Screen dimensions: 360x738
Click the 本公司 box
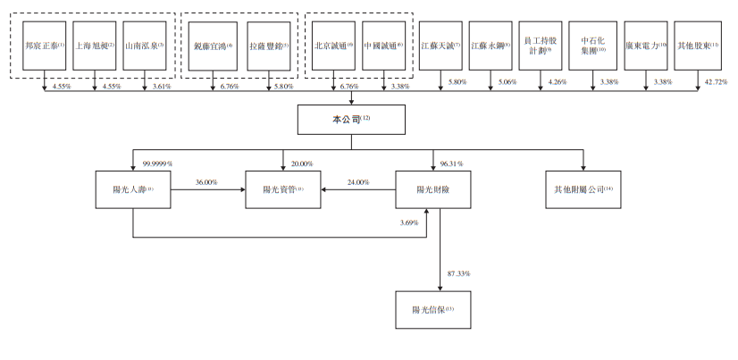[x=350, y=119]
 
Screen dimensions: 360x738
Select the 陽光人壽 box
[x=132, y=189]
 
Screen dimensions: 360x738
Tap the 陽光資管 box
[x=283, y=189]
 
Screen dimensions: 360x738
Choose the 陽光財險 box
[x=433, y=189]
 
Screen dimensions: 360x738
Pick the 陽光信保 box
[x=433, y=310]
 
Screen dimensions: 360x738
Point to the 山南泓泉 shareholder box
[x=145, y=46]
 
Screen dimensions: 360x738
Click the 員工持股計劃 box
[x=544, y=46]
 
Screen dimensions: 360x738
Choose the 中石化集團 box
[x=594, y=46]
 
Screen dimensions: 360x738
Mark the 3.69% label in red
[x=410, y=222]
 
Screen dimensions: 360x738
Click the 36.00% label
[x=207, y=182]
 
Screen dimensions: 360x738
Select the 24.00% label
[x=357, y=182]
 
